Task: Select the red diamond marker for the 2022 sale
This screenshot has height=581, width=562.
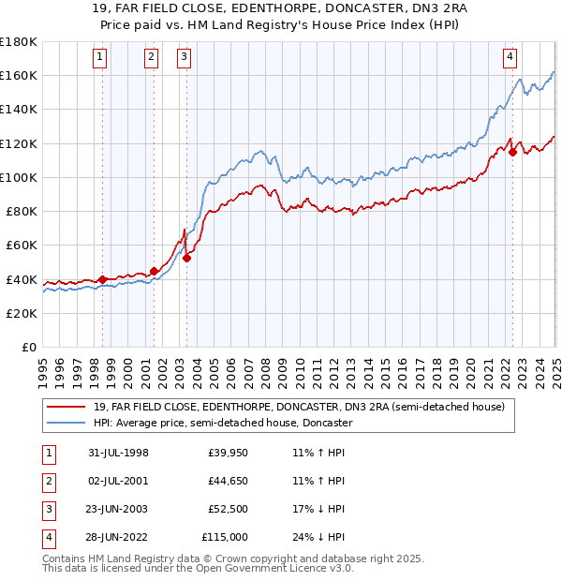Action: [512, 153]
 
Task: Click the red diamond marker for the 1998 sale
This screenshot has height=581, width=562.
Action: [102, 278]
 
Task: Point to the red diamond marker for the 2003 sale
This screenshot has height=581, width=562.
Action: [186, 258]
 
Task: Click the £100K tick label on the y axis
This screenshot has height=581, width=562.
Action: [18, 177]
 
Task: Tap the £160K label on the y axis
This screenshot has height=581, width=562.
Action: [18, 75]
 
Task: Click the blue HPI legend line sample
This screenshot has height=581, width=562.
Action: [66, 423]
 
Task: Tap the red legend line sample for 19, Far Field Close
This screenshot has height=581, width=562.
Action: [66, 407]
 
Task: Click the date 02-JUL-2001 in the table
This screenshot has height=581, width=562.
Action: [119, 481]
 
